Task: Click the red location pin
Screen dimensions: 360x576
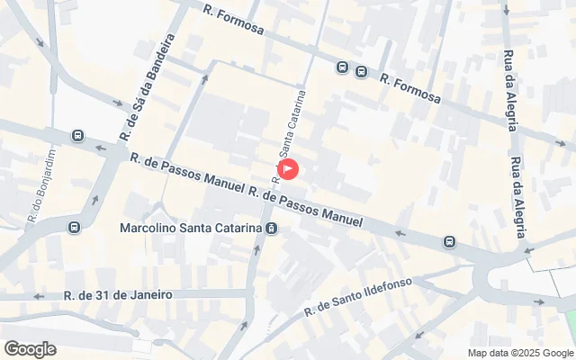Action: coord(289,168)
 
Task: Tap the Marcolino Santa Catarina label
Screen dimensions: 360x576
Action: coord(191,228)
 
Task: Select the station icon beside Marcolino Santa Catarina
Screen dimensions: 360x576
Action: coord(271,229)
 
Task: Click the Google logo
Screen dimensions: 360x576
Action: coord(30,348)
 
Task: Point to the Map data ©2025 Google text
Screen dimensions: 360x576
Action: coord(519,353)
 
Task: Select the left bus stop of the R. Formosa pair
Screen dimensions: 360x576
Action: coord(342,67)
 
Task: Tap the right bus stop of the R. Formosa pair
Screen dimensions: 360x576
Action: coord(361,72)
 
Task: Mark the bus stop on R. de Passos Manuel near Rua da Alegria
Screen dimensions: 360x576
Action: coord(448,241)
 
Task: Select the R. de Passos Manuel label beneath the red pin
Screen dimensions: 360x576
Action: coord(306,206)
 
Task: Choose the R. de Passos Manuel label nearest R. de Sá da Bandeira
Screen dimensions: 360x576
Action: coord(186,174)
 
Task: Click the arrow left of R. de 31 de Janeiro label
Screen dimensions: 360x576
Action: coord(38,296)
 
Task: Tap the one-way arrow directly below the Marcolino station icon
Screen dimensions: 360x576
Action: coord(257,249)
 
